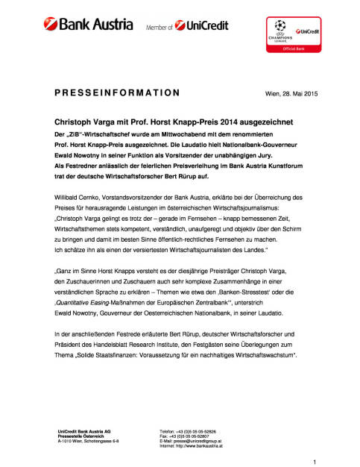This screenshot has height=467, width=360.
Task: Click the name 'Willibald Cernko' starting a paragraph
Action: coord(77,196)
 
